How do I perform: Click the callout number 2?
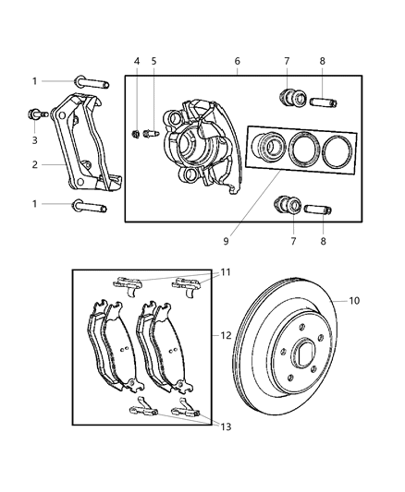click(x=34, y=166)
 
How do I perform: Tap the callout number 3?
click(x=34, y=139)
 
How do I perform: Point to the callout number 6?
click(x=237, y=61)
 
